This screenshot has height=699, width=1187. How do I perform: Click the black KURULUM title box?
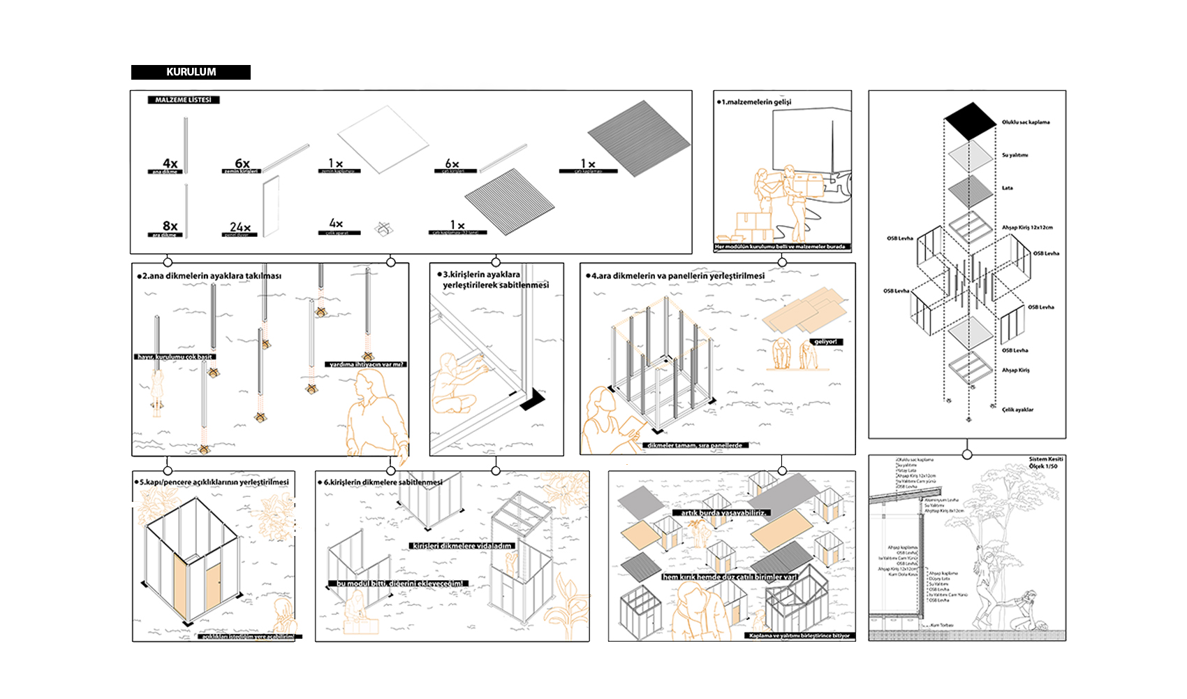191,72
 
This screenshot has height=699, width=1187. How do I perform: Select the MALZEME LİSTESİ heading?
183,100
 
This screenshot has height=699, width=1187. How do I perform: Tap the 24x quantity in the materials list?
239,227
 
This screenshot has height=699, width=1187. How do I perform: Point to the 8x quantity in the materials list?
170,226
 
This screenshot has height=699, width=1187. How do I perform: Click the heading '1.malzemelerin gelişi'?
756,102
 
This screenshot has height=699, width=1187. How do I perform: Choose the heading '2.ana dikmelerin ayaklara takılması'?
212,276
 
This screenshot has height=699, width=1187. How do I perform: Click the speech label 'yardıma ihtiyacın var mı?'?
366,364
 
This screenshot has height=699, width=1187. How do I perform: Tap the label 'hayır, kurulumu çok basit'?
175,356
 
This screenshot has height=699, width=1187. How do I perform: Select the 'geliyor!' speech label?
825,342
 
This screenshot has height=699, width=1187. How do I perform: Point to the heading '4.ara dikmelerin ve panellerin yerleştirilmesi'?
677,276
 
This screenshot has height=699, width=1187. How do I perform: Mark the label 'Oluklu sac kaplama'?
1025,122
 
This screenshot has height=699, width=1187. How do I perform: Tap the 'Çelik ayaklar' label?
1017,410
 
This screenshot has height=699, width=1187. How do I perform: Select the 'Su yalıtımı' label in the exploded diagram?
1015,155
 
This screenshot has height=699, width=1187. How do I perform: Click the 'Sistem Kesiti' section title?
1045,459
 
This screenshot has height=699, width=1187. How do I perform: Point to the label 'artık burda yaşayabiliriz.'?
724,512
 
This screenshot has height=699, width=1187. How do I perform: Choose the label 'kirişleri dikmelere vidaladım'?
462,546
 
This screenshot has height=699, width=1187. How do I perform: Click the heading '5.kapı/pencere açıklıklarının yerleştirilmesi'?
214,482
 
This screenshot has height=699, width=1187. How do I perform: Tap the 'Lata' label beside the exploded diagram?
1007,188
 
